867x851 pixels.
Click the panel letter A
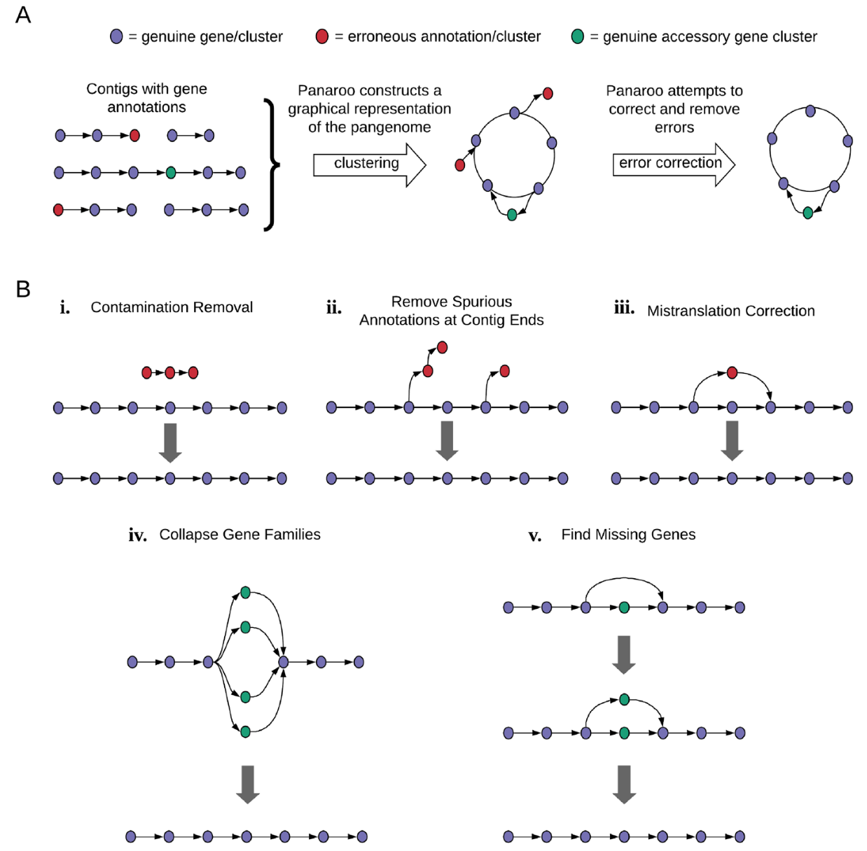click(23, 15)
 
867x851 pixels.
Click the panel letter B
click(23, 289)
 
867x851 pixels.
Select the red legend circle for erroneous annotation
click(322, 36)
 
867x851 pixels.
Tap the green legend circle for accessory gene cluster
click(578, 36)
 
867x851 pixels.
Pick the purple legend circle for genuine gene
click(117, 36)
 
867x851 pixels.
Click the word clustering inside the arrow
click(366, 164)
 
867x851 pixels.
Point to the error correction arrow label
click(670, 163)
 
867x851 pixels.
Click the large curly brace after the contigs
click(272, 165)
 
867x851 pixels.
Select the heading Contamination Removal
click(172, 307)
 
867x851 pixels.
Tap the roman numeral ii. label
click(334, 308)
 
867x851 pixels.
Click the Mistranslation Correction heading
click(730, 311)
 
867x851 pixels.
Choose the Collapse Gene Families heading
click(240, 535)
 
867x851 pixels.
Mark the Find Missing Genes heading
click(628, 535)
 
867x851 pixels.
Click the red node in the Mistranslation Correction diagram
click(732, 373)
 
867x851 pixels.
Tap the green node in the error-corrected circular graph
click(807, 213)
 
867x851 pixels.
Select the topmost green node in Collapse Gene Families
click(245, 593)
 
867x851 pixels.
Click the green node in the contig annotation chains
click(171, 172)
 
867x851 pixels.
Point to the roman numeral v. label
click(535, 536)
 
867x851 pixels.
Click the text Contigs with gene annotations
click(146, 98)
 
